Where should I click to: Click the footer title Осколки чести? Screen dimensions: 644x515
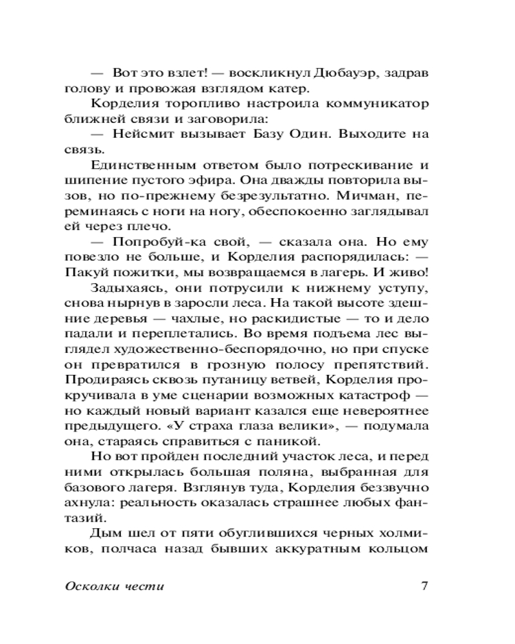pos(115,587)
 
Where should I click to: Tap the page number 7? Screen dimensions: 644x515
pos(424,586)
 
